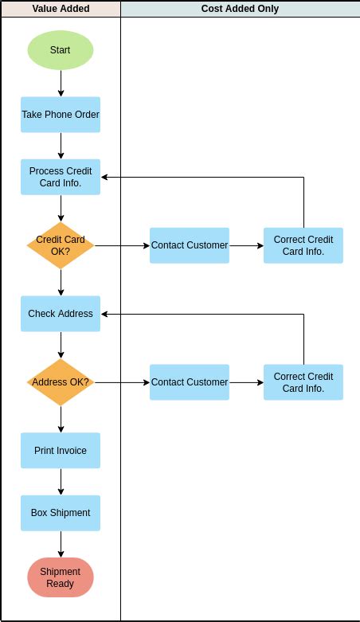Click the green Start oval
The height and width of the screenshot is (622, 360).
[61, 50]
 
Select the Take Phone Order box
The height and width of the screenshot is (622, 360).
[61, 115]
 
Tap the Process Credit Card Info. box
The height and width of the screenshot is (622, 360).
[61, 177]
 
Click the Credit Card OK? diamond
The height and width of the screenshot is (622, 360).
[61, 245]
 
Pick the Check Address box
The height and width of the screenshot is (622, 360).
[61, 314]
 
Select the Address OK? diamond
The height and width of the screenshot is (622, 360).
[61, 382]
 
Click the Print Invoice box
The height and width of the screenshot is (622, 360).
[61, 451]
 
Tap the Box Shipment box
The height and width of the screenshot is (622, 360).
[61, 513]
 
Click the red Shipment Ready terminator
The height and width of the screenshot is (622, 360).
[61, 577]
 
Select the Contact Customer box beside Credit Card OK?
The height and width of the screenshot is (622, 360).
[190, 245]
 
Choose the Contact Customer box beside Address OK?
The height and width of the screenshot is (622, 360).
[190, 382]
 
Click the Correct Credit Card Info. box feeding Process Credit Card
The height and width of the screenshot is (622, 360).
[303, 245]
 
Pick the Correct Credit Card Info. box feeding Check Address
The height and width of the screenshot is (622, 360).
[303, 382]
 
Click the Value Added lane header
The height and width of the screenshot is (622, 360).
[61, 9]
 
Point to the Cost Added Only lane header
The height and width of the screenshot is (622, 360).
[240, 9]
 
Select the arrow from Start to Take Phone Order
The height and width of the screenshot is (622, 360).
[61, 83]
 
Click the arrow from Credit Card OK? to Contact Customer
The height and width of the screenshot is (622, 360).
[121, 245]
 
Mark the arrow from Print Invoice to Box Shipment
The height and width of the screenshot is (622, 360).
[61, 482]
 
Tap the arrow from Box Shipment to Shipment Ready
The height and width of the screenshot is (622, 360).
[61, 544]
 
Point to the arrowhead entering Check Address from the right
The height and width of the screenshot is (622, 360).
[105, 314]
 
